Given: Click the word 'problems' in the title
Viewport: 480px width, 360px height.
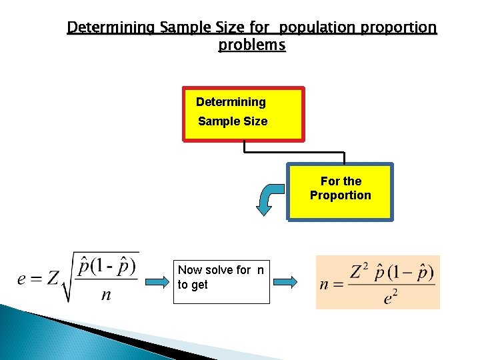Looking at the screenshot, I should pos(251,45).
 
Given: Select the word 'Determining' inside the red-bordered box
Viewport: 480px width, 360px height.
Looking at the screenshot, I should pos(231,102).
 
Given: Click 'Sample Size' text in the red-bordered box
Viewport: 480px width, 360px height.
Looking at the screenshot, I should pos(233,121).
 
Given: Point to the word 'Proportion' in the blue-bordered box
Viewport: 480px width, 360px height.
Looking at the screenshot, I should pos(340,195).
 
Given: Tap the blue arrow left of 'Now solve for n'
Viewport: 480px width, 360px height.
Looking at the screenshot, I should pos(155,283).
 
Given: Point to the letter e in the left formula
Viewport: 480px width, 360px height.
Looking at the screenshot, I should pos(23,279).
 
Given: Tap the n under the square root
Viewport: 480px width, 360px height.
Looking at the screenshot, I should pos(106,295).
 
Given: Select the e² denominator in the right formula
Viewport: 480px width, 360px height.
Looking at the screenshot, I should pos(393,297).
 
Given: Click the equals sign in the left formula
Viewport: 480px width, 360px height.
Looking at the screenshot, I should pos(37,279).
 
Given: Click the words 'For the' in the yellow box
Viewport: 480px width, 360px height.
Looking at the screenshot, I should pos(341,181).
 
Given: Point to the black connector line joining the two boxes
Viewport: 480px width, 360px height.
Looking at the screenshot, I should pos(293,152).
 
